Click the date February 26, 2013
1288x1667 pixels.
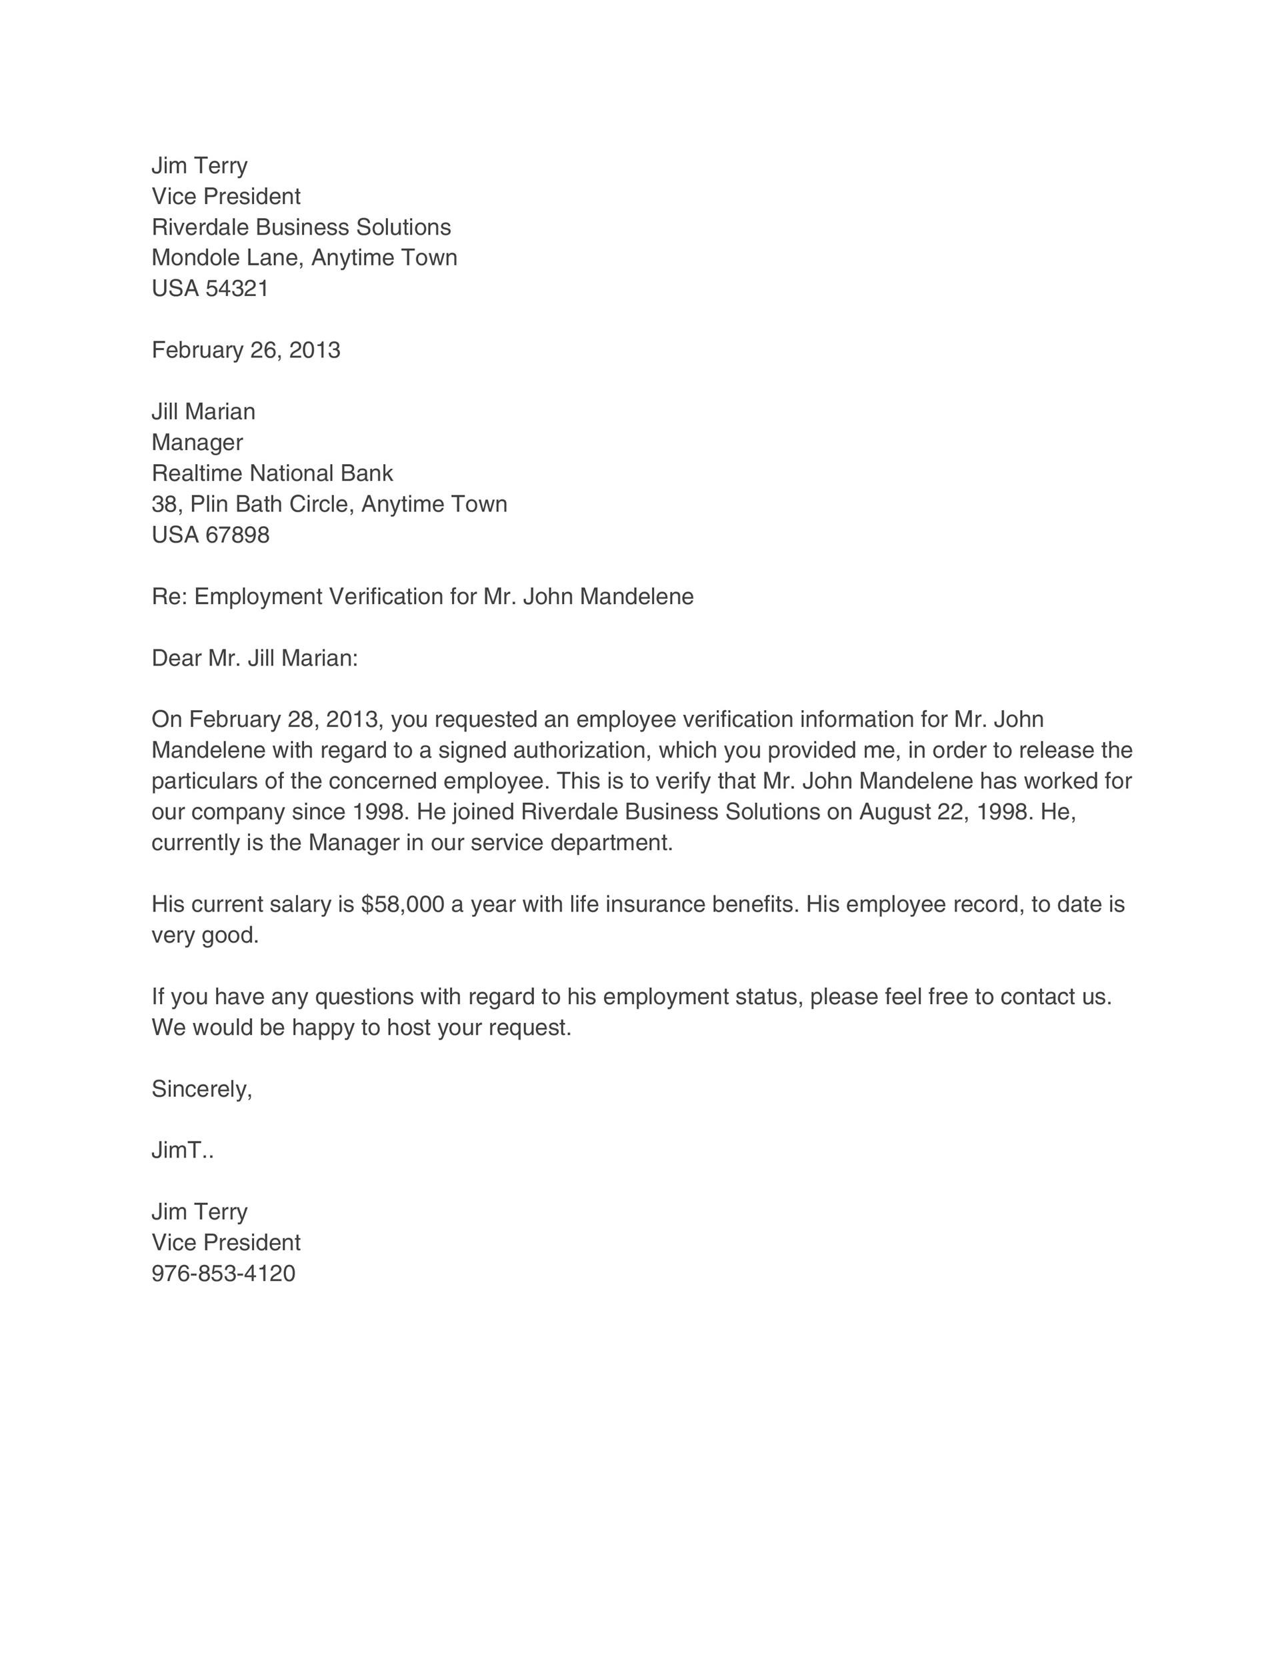(246, 350)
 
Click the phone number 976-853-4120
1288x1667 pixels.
(223, 1274)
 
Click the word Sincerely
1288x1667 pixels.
(201, 1089)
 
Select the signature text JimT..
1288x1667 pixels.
(181, 1150)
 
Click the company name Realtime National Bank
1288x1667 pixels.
(273, 473)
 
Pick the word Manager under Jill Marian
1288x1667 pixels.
(197, 443)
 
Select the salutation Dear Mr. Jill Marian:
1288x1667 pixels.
(255, 658)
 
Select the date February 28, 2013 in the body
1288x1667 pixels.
(284, 719)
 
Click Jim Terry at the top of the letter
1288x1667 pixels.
(199, 165)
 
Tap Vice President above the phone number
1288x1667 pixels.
(226, 1243)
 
